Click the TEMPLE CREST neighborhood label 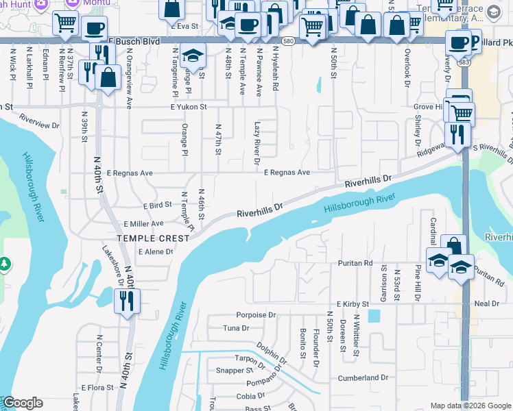[152, 238]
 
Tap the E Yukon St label [189, 108]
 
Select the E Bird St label [157, 206]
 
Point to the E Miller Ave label [143, 224]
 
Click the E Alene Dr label [156, 252]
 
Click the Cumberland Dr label [363, 378]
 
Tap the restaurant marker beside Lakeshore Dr [127, 301]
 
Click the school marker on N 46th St [195, 57]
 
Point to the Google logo [23, 403]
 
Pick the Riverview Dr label [40, 121]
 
